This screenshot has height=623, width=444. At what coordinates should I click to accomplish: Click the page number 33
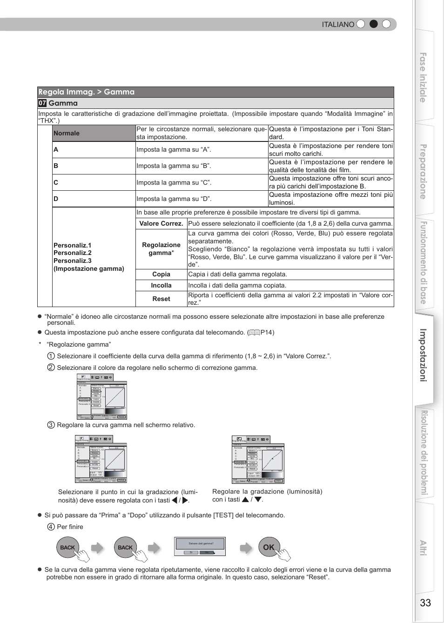[x=425, y=603]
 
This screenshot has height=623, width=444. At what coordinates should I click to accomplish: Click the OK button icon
[x=269, y=547]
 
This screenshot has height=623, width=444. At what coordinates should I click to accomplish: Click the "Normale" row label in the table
[x=67, y=133]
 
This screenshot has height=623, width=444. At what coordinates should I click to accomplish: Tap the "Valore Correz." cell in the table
[x=161, y=223]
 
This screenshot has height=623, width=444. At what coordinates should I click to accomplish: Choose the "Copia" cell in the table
[x=161, y=275]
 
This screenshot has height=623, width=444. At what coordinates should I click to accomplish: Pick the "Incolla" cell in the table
[x=161, y=286]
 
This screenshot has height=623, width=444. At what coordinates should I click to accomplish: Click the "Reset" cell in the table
[x=161, y=299]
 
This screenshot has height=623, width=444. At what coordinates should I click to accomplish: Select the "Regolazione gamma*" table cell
[x=161, y=249]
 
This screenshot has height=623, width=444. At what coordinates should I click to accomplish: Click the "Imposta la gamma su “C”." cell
[x=174, y=182]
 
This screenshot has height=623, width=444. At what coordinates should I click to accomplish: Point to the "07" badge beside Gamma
[x=42, y=103]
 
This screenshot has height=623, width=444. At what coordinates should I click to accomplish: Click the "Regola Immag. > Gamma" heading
[x=87, y=92]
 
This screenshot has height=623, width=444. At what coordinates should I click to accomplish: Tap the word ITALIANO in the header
[x=338, y=25]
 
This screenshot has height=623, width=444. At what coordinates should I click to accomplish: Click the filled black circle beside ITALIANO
[x=373, y=24]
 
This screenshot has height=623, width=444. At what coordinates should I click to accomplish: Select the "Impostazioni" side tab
[x=423, y=355]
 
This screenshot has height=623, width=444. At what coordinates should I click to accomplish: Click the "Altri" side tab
[x=423, y=548]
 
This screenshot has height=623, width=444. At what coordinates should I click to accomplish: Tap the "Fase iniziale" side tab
[x=423, y=77]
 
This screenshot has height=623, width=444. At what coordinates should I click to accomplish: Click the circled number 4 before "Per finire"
[x=51, y=527]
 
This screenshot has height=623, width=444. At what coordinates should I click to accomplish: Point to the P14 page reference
[x=267, y=332]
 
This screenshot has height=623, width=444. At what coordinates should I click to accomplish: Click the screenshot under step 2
[x=101, y=397]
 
